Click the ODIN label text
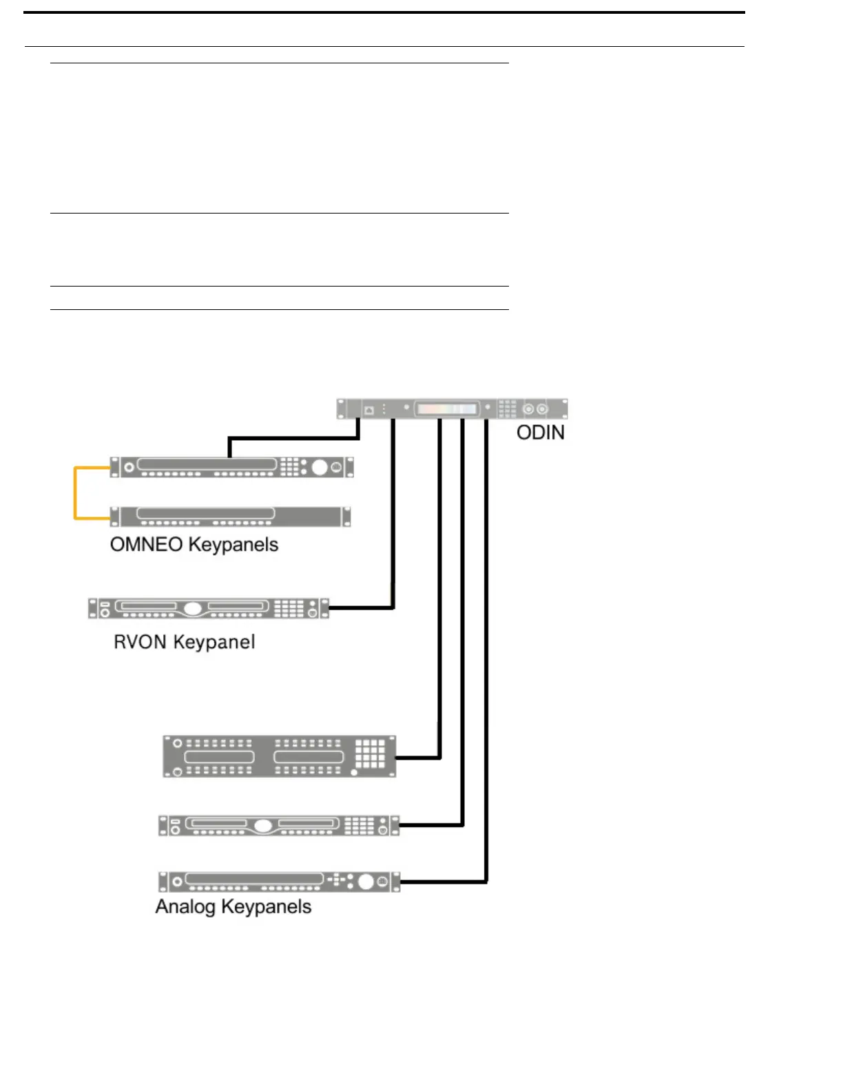tap(541, 433)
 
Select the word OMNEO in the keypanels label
tap(146, 545)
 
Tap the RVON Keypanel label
tap(185, 642)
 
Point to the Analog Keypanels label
tap(233, 906)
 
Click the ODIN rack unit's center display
tap(446, 408)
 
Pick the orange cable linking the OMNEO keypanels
tap(75, 492)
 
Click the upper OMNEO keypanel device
tap(231, 467)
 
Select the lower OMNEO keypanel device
tap(231, 516)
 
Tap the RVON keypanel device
tap(209, 609)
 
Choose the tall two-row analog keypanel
tap(280, 756)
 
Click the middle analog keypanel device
tap(279, 825)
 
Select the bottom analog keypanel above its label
tap(279, 882)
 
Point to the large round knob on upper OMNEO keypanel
tap(320, 467)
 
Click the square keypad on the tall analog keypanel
tap(370, 754)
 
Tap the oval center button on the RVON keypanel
tap(194, 609)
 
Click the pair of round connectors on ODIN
tap(535, 408)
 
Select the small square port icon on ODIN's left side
tap(368, 409)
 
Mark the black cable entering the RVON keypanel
tap(393, 523)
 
